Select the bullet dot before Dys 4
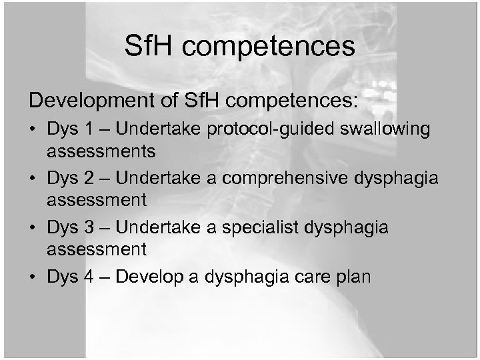tap(34, 277)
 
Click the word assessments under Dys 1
tap(102, 152)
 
